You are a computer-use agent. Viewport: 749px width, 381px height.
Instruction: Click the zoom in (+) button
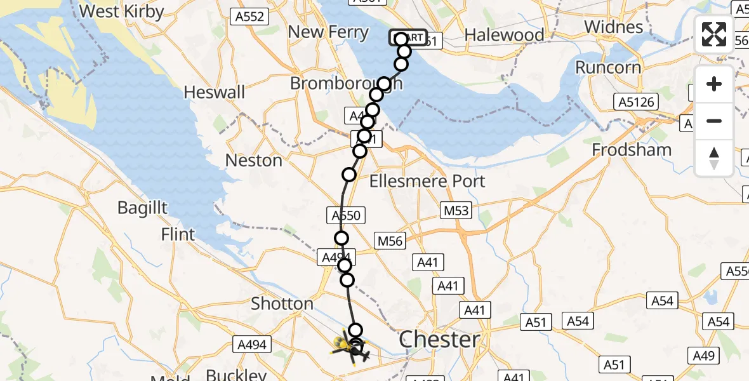click(x=714, y=84)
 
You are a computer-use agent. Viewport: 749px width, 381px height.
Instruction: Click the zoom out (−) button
click(x=714, y=121)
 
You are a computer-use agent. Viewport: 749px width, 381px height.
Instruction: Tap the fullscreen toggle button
click(x=714, y=34)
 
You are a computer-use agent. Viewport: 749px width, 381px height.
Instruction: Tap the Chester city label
click(x=440, y=339)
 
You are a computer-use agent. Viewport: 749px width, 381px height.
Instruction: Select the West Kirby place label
click(x=122, y=11)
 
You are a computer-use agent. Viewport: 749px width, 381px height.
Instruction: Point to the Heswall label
click(x=214, y=92)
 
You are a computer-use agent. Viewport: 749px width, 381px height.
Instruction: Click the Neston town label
click(x=253, y=160)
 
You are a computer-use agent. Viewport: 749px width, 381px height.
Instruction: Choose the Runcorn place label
click(x=606, y=67)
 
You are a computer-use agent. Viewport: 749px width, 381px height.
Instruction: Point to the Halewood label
click(x=504, y=35)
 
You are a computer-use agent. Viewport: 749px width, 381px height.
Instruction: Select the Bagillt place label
click(x=142, y=208)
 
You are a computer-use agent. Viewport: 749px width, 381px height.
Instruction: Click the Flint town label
click(x=178, y=234)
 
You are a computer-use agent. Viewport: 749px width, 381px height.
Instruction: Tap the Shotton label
click(x=282, y=304)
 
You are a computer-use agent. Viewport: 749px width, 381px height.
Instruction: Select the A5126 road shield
click(x=636, y=102)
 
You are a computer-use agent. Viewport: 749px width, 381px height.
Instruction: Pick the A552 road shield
click(x=249, y=17)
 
